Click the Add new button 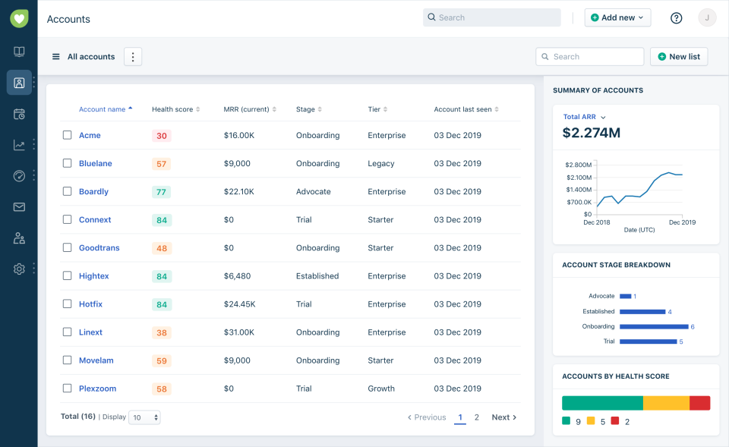point(617,17)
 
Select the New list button point(678,57)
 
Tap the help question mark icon point(676,18)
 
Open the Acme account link point(90,135)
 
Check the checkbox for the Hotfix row point(67,304)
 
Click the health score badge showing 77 point(161,192)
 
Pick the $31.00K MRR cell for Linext point(239,332)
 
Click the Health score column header point(172,109)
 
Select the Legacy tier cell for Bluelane point(380,163)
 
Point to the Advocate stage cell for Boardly point(313,192)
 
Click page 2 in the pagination point(477,417)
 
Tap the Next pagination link point(503,417)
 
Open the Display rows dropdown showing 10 point(144,417)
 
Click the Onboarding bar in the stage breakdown point(653,326)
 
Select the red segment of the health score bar point(699,403)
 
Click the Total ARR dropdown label point(584,117)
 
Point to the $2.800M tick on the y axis point(578,165)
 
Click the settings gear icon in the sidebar point(19,269)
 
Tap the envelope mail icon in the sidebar point(19,207)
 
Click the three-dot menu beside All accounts point(133,57)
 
